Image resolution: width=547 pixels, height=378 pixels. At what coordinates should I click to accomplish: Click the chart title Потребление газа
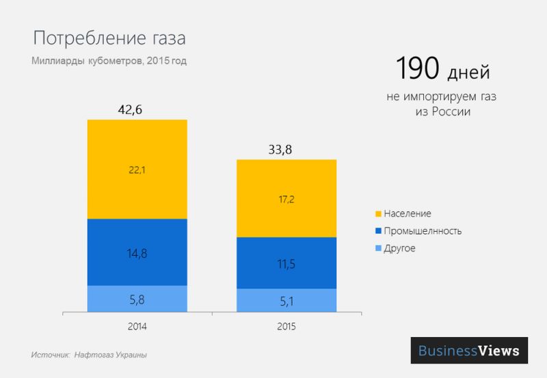tap(109, 38)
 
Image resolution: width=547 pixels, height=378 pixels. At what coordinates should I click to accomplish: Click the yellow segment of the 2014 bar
tap(137, 169)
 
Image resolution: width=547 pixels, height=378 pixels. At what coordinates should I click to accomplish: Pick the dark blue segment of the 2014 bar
tap(137, 252)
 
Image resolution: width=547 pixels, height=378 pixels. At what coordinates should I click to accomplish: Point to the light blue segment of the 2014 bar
tap(137, 299)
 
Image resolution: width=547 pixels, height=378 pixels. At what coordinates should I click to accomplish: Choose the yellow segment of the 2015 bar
tap(286, 198)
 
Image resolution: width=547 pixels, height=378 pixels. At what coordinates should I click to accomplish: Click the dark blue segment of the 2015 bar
tap(286, 263)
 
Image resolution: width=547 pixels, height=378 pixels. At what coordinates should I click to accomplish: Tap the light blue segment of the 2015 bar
tap(286, 300)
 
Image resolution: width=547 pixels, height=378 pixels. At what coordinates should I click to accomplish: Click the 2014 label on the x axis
tap(137, 327)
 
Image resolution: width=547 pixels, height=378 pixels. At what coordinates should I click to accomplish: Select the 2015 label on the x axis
tap(286, 327)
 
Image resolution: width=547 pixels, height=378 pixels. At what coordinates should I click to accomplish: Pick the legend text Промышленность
tap(423, 231)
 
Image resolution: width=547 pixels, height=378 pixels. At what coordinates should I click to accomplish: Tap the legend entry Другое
tap(399, 248)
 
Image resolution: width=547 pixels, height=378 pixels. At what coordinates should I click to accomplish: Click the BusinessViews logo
tap(469, 351)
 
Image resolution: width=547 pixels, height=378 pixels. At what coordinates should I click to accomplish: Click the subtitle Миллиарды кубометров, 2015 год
tap(109, 61)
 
